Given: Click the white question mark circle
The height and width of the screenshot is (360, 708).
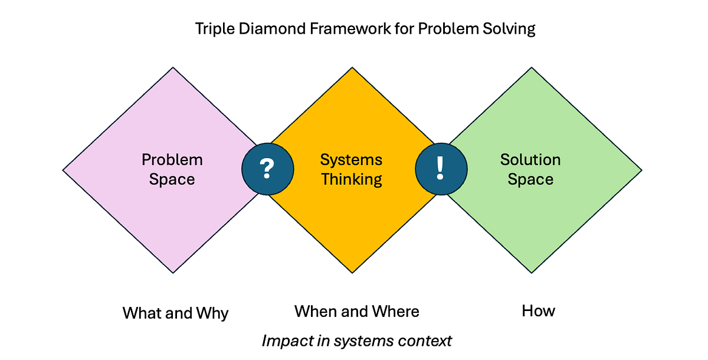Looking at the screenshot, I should pyautogui.click(x=267, y=169).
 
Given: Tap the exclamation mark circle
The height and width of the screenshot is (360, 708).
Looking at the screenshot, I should pyautogui.click(x=441, y=169).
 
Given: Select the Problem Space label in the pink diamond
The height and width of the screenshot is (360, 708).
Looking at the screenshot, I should pyautogui.click(x=172, y=169).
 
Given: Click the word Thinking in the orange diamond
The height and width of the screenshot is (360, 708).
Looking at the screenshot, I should pyautogui.click(x=352, y=179).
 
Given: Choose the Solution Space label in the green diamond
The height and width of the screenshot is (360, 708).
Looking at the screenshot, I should pyautogui.click(x=530, y=169).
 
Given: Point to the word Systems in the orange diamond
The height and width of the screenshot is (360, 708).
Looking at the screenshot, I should pyautogui.click(x=352, y=160).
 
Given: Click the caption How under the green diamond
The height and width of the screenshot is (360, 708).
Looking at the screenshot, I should pyautogui.click(x=538, y=311).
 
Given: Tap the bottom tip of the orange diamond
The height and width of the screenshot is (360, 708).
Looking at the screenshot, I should pyautogui.click(x=352, y=272).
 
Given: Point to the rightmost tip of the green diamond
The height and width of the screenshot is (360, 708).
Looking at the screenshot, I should pyautogui.click(x=641, y=171).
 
